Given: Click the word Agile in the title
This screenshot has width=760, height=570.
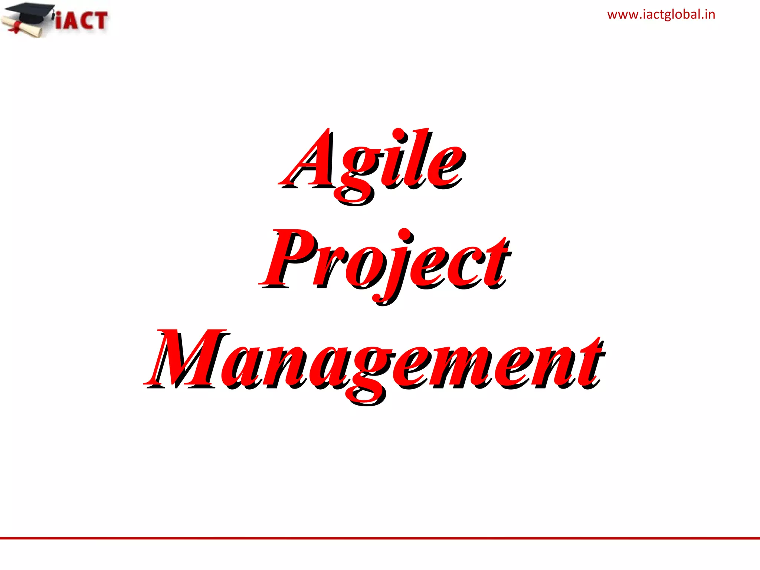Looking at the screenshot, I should pos(372,163).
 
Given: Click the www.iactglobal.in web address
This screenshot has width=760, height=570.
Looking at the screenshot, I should pos(661,15).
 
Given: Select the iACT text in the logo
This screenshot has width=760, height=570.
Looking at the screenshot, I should pos(82,20).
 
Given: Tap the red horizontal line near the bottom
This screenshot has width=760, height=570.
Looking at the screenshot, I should pos(380,538).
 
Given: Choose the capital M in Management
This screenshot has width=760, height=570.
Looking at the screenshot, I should pos(186,358).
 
